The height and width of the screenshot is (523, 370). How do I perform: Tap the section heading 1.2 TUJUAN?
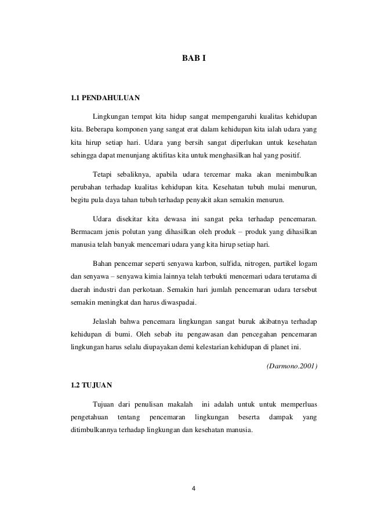click(89, 384)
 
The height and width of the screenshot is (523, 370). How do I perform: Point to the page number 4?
click(194, 488)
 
